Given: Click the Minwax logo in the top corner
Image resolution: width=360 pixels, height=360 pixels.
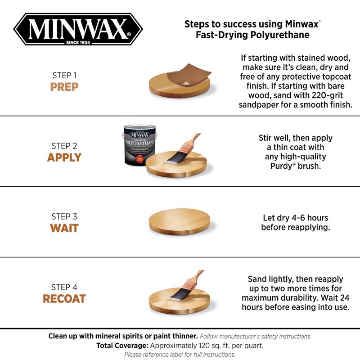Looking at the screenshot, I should [77, 30].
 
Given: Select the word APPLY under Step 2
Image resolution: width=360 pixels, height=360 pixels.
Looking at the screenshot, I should [64, 157].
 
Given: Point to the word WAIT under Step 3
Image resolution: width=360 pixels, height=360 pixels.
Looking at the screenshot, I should [64, 228].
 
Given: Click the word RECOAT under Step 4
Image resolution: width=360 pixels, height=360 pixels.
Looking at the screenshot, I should [64, 299].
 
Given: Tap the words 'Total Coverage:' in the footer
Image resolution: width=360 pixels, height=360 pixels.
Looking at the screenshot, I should [122, 346].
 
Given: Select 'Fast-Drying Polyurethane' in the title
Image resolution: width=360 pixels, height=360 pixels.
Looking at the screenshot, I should [252, 35].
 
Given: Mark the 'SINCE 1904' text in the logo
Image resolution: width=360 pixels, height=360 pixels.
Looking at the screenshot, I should [78, 43].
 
